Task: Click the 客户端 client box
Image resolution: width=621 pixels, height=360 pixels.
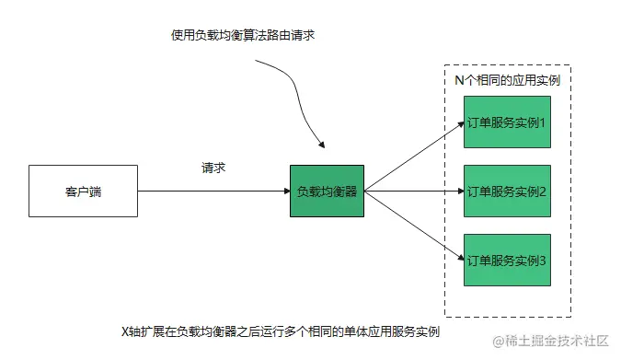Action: coord(83,192)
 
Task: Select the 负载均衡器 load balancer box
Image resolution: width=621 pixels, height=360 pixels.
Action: coord(327,192)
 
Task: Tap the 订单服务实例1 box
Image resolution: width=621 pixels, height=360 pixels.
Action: coord(507,122)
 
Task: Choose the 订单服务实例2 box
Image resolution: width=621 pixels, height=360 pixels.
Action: coord(507,192)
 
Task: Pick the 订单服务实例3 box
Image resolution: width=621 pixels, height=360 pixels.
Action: coord(507,261)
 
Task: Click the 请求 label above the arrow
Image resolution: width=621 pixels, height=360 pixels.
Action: coord(213,168)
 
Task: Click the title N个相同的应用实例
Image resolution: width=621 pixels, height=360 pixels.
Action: coord(507,80)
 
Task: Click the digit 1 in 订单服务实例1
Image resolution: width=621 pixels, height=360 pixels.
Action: coord(543,122)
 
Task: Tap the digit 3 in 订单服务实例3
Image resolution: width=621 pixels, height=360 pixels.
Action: coord(543,261)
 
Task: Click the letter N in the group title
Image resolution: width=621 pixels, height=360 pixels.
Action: coord(460,80)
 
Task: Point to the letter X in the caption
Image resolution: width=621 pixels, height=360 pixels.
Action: coord(126,331)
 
